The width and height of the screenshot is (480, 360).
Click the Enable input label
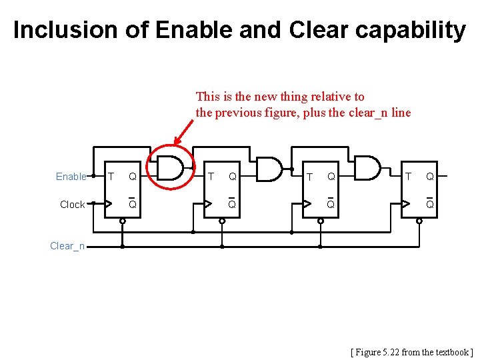click(71, 177)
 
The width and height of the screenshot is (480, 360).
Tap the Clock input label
click(72, 205)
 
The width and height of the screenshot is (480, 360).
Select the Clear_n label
click(67, 246)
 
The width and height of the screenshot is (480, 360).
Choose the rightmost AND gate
click(367, 168)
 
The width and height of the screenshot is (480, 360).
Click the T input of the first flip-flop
click(111, 177)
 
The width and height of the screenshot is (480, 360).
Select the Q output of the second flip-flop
click(232, 177)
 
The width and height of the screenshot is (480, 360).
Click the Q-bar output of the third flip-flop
click(330, 204)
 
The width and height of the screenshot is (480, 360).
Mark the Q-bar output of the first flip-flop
click(133, 204)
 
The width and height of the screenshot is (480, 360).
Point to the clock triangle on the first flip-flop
click(108, 205)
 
